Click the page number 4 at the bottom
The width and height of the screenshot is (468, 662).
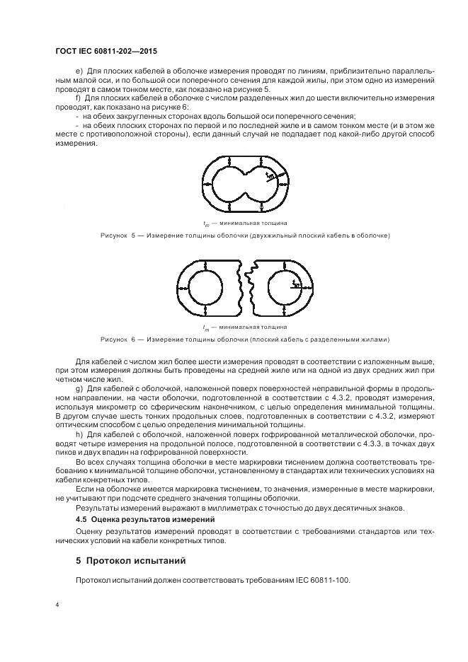click(x=57, y=605)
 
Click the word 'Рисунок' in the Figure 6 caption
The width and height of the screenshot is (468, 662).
click(x=115, y=339)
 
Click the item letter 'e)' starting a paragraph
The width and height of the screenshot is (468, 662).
click(x=79, y=71)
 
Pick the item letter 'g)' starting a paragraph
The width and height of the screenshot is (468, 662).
click(x=79, y=389)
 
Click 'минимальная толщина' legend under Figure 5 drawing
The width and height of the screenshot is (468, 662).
click(x=253, y=223)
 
